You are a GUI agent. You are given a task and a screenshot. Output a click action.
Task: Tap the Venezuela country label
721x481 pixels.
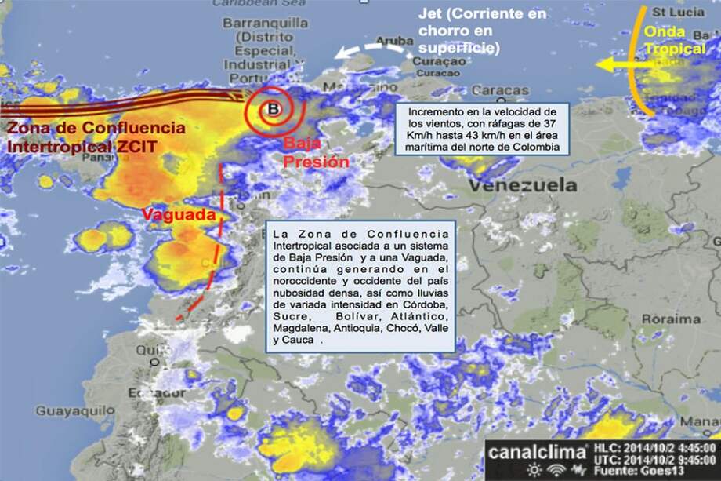(x=523, y=185)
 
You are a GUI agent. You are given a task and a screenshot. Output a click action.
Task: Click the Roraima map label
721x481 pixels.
(x=671, y=319)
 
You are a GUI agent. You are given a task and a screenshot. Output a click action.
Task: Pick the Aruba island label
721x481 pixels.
(x=394, y=40)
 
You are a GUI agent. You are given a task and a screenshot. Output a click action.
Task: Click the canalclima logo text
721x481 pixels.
(x=537, y=451)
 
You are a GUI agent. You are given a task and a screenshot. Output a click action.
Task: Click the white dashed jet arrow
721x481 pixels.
(x=368, y=51)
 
